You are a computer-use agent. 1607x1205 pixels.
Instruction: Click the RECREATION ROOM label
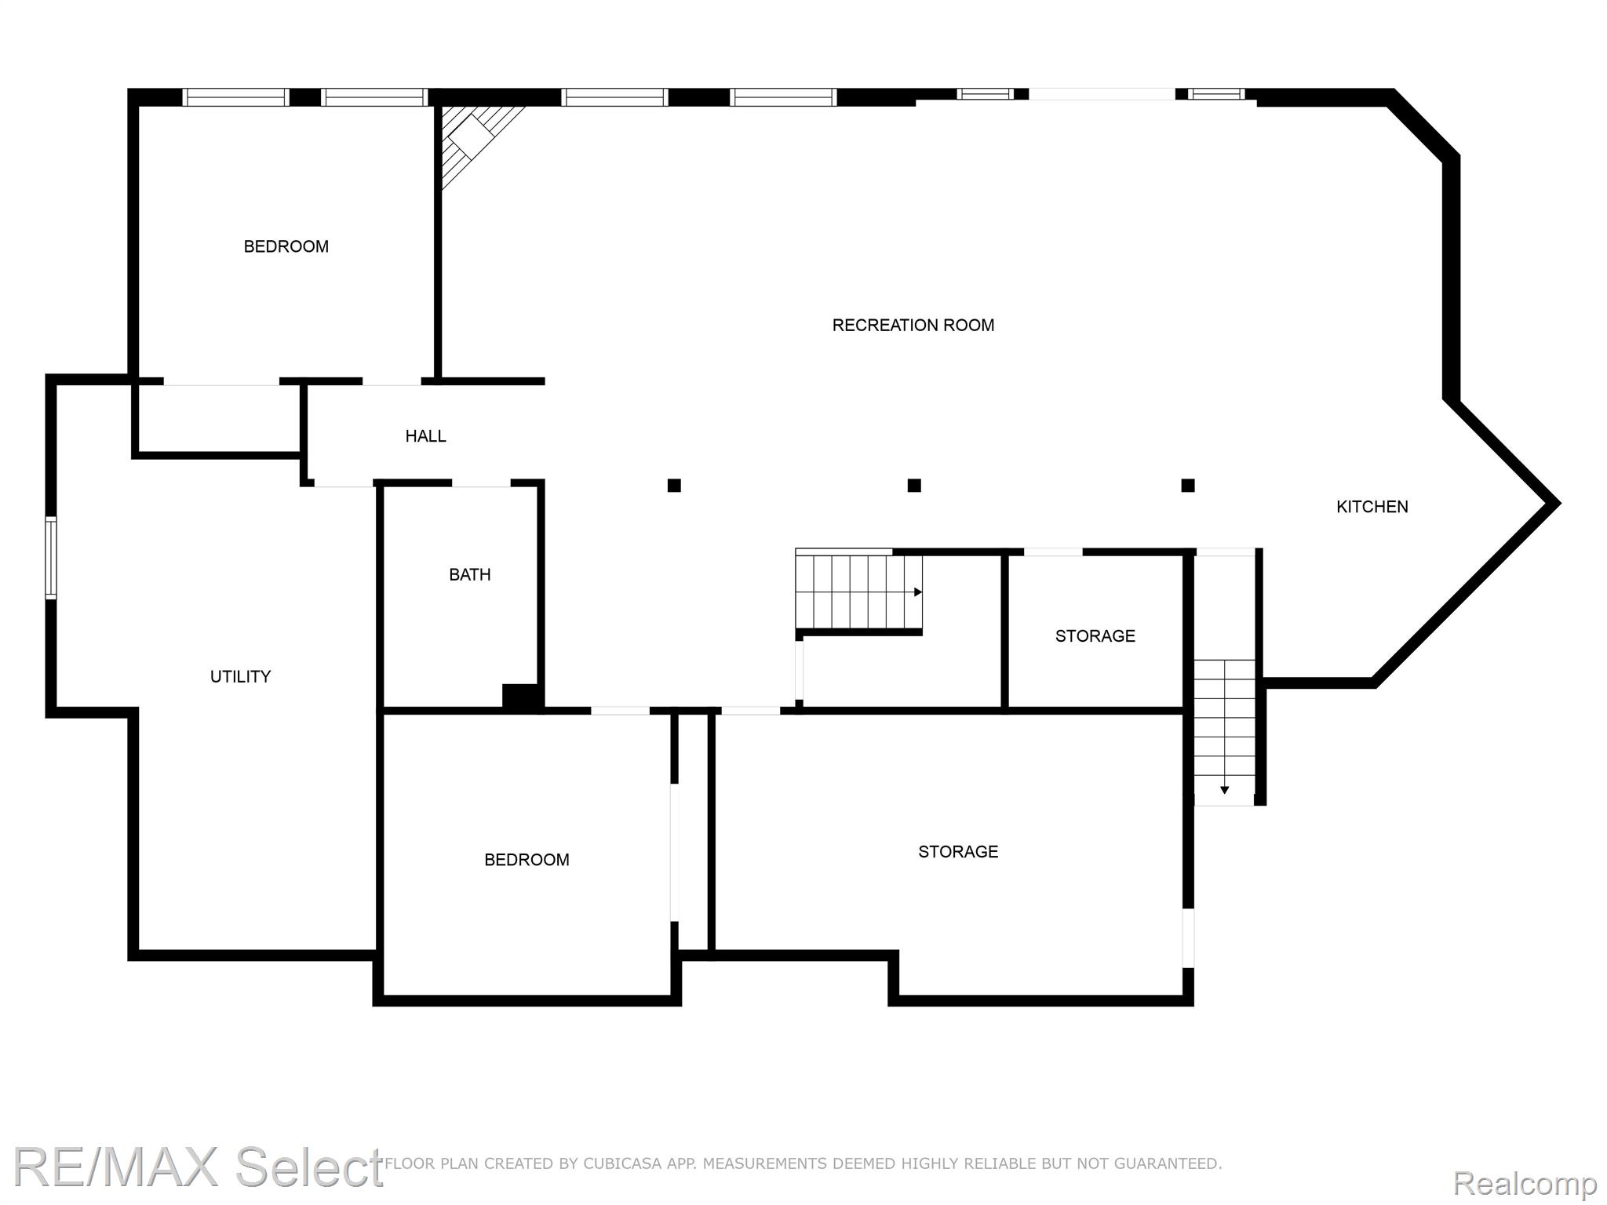click(x=913, y=325)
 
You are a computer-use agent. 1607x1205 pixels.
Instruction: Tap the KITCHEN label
click(x=1372, y=507)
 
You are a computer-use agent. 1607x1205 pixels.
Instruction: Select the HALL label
click(x=425, y=436)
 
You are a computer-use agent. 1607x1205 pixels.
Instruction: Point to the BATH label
click(x=469, y=574)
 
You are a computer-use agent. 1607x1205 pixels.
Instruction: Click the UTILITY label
click(x=240, y=676)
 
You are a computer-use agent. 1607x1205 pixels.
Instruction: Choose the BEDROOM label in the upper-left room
click(x=286, y=246)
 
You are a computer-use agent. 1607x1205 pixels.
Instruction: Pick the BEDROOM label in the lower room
click(x=527, y=860)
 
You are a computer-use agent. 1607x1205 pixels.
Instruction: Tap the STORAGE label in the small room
click(x=1095, y=636)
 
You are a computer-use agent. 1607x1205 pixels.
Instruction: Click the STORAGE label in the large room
click(x=958, y=852)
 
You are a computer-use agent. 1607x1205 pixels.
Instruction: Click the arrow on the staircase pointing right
click(x=917, y=592)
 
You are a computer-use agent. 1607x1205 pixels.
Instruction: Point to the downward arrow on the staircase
click(x=1224, y=790)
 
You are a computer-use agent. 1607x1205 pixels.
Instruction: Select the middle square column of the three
click(x=914, y=486)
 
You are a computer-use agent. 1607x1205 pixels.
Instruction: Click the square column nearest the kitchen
click(x=1188, y=486)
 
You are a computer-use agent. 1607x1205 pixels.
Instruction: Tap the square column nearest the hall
click(x=674, y=486)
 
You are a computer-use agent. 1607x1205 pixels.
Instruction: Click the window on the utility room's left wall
click(x=51, y=557)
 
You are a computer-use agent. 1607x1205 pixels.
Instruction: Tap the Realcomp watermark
click(x=1525, y=1182)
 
